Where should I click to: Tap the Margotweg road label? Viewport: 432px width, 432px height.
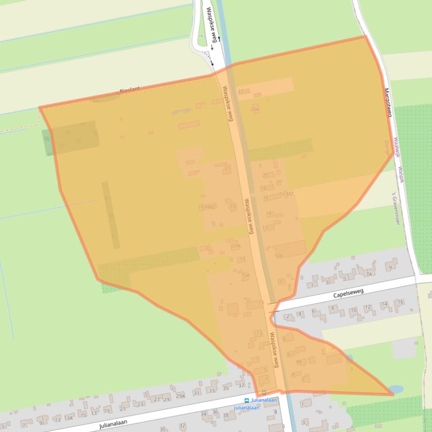tap(386, 102)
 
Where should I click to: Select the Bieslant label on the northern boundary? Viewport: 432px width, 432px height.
tap(129, 90)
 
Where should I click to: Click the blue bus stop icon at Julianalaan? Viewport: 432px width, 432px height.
tap(246, 401)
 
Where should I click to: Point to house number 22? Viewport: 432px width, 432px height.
tap(242, 91)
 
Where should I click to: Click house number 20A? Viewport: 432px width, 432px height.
tap(255, 109)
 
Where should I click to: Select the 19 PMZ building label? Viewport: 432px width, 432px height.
tap(207, 208)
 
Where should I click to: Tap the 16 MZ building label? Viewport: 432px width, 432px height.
tap(286, 194)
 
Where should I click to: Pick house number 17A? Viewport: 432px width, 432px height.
tap(236, 246)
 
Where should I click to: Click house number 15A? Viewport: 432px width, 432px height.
tap(245, 275)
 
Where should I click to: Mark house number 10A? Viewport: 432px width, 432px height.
tap(278, 256)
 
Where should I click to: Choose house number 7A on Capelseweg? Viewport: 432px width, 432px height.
tap(369, 274)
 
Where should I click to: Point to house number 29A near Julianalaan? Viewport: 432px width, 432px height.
tap(180, 396)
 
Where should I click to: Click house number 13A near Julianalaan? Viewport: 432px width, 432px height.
tap(69, 418)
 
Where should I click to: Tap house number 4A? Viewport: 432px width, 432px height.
tap(299, 361)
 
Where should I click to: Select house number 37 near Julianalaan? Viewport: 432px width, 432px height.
tap(241, 385)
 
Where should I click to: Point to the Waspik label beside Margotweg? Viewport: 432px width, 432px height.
tap(401, 174)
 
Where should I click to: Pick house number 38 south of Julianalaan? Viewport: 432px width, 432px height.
tap(226, 416)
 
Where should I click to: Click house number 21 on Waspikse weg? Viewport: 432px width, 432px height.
tap(228, 168)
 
